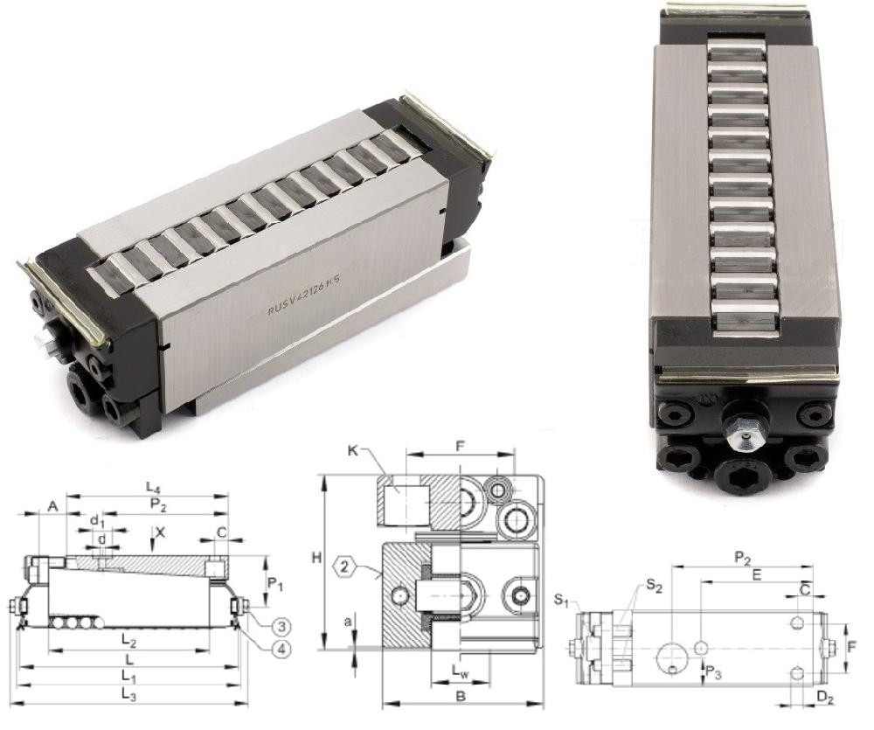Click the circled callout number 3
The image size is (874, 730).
pos(282,626)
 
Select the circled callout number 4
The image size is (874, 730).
pos(282,650)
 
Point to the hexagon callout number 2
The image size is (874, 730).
pos(344,567)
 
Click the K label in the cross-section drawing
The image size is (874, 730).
pos(352,450)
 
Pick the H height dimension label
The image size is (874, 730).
pos(316,557)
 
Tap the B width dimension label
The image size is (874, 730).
pos(461,696)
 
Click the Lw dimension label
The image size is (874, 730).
pos(460,671)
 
